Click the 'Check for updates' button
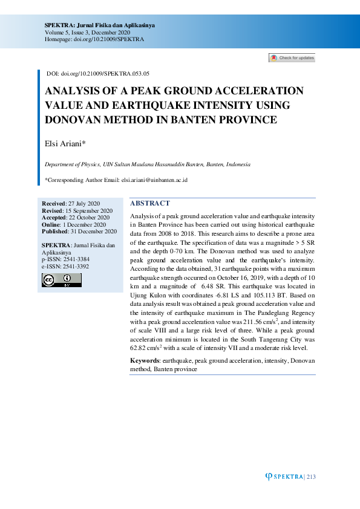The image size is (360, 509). (292, 58)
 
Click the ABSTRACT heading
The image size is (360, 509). (150, 204)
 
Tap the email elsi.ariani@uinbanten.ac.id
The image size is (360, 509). (154, 180)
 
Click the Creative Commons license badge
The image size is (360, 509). (61, 280)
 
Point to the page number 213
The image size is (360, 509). (312, 477)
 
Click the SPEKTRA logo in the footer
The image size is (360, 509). (285, 477)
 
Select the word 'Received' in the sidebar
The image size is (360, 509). (53, 203)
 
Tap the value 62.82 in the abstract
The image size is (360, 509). (139, 349)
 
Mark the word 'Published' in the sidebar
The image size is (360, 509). (55, 232)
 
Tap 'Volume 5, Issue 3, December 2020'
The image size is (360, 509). (87, 32)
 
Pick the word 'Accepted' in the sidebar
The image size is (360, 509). (54, 218)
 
